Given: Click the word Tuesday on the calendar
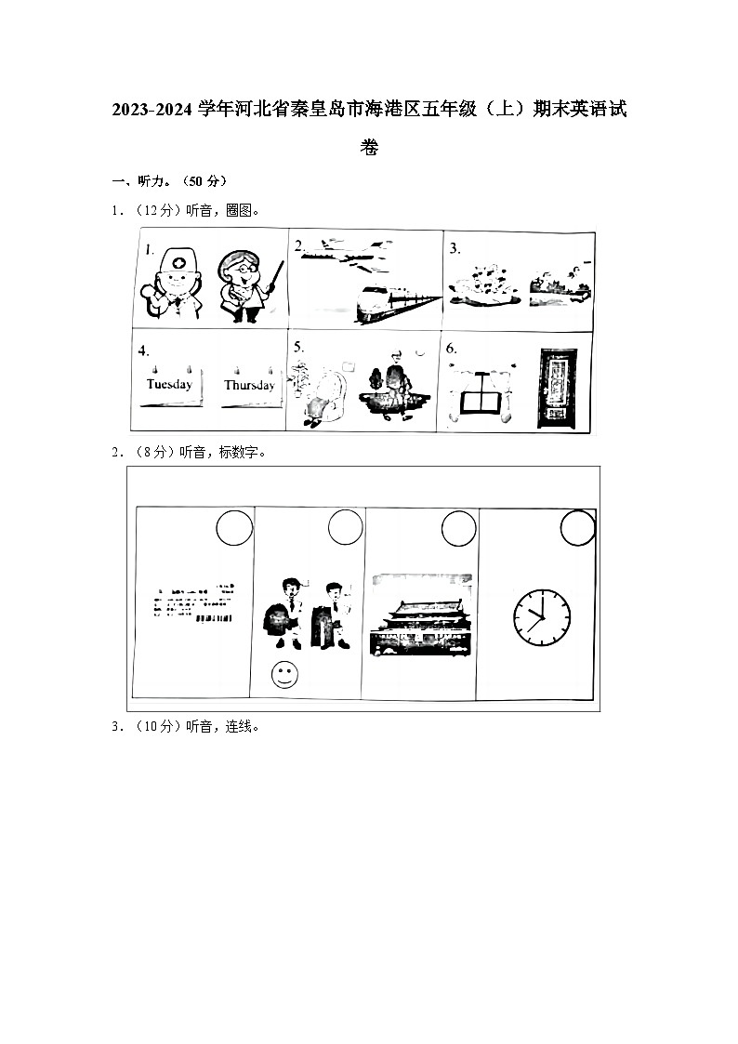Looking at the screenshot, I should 169,384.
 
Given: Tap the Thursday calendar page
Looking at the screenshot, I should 249,385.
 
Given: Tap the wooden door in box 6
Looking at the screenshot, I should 559,389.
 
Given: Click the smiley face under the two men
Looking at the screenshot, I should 283,675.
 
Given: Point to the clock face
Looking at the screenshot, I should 541,616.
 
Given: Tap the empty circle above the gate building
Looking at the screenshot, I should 458,529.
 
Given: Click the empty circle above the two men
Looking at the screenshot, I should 346,529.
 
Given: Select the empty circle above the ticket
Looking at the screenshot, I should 233,529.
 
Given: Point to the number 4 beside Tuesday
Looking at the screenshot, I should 144,351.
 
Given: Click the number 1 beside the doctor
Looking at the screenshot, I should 149,249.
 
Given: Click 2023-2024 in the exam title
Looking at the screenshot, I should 155,111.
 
